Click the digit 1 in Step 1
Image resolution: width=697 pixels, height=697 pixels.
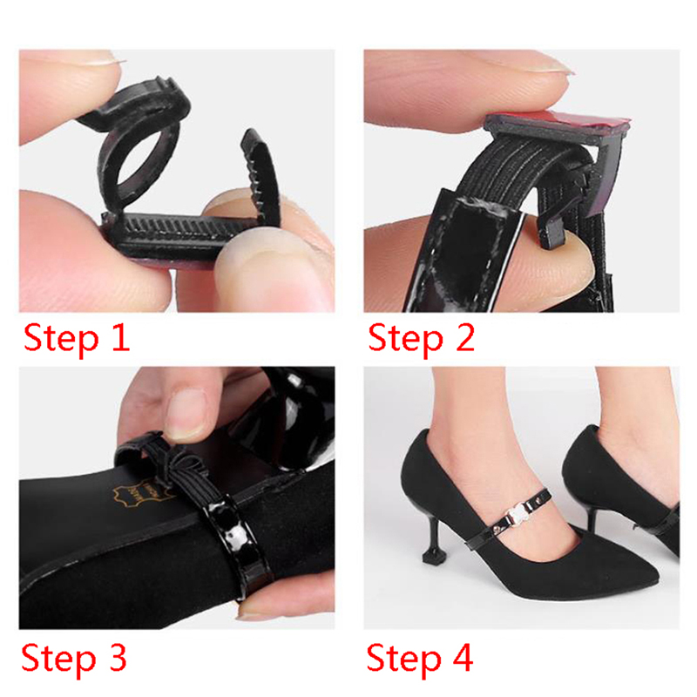tap(120, 338)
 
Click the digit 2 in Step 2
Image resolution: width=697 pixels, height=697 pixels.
tap(465, 337)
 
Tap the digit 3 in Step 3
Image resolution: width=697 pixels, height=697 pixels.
tap(118, 657)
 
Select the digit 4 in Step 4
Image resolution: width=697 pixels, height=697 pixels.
tap(463, 657)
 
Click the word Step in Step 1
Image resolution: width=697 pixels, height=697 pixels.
tap(60, 340)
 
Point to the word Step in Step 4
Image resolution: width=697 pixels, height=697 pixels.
tap(403, 659)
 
